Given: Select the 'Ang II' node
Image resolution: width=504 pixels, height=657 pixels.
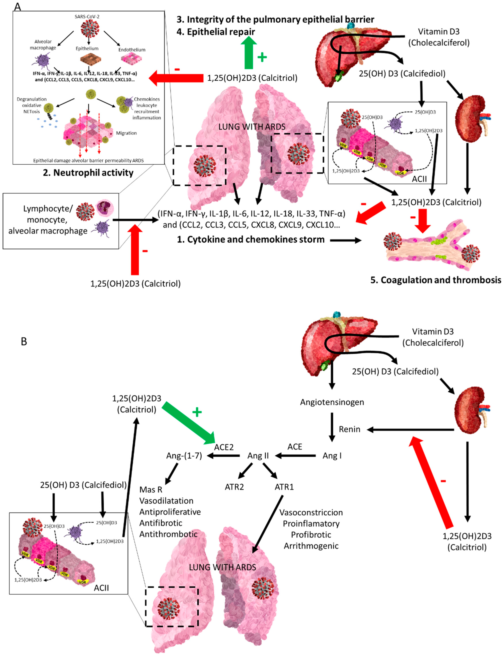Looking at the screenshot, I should click(258, 456).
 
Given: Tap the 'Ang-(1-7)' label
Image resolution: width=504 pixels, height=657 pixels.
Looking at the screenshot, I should click(184, 456).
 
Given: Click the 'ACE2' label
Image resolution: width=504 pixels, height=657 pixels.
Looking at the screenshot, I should click(224, 447).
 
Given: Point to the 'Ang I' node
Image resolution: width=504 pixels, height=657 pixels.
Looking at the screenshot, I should click(332, 456).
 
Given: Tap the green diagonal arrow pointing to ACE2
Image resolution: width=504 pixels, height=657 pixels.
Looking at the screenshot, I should click(188, 423).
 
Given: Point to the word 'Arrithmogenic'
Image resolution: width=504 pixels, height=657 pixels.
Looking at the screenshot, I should click(311, 546).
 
